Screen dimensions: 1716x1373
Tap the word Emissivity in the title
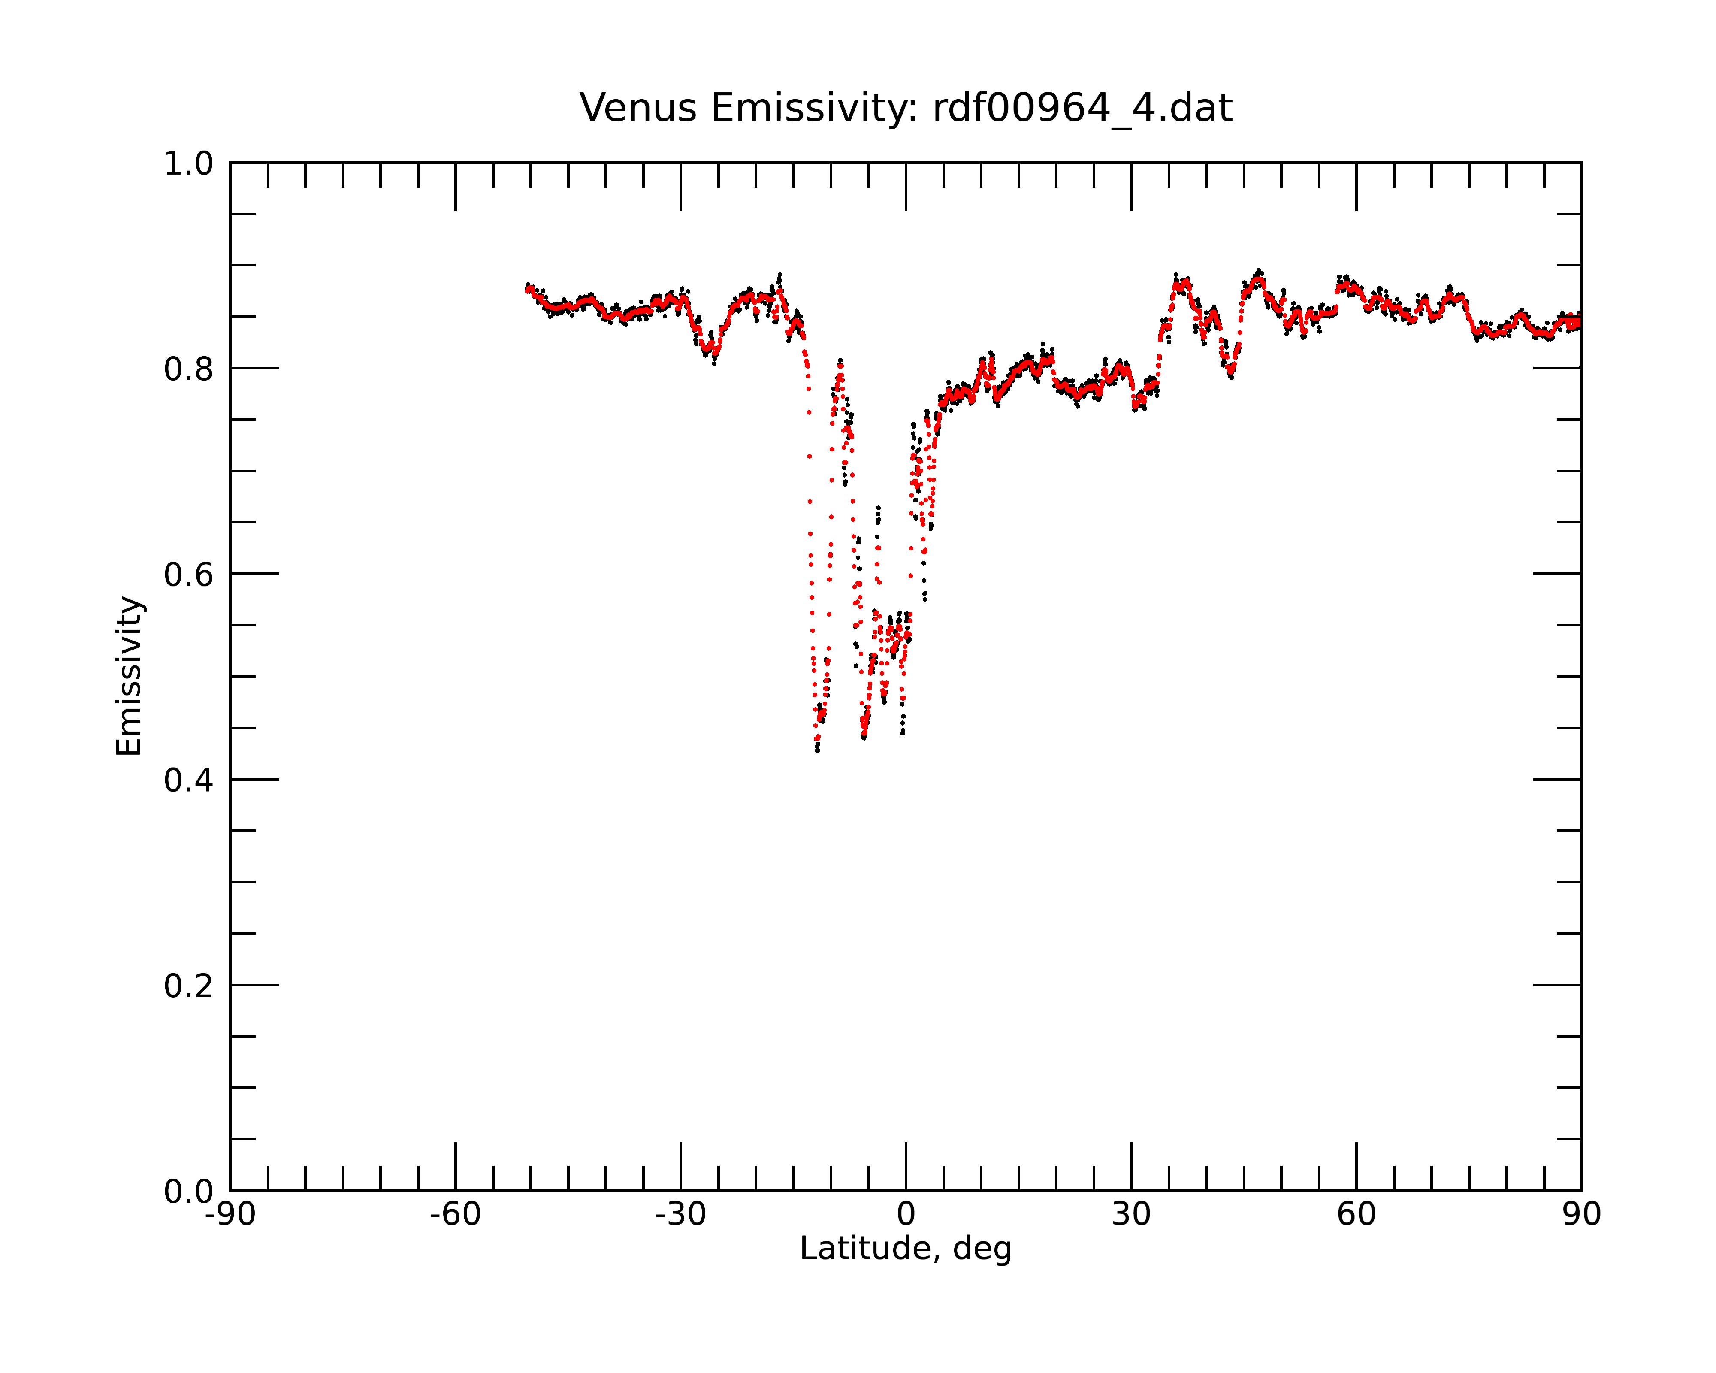pos(814,108)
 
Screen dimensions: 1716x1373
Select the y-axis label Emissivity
pos(129,676)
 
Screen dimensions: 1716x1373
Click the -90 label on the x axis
pos(230,1215)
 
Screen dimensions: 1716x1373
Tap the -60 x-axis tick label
pos(455,1215)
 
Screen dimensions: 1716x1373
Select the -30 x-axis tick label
pos(680,1215)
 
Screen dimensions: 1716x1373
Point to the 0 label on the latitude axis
pos(906,1215)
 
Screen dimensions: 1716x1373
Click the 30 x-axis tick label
pos(1131,1215)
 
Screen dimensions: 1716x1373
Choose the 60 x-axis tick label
pos(1356,1215)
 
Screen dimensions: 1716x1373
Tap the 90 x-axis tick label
pos(1581,1215)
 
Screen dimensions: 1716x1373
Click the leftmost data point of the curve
pos(527,289)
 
